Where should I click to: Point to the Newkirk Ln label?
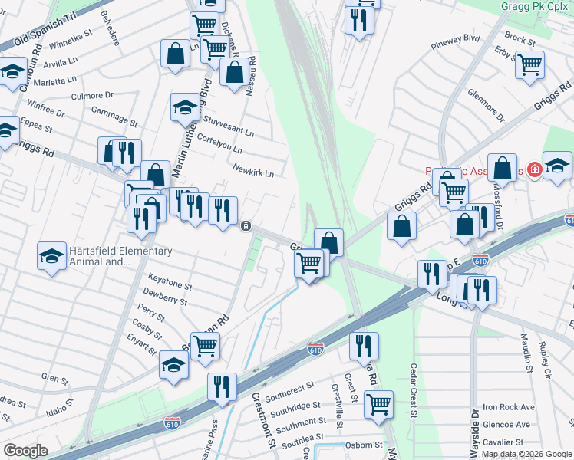pyautogui.click(x=252, y=173)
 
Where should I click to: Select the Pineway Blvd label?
pyautogui.click(x=476, y=38)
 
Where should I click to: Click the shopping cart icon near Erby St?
pyautogui.click(x=529, y=66)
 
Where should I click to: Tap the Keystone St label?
pyautogui.click(x=170, y=286)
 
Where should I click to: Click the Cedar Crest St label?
pyautogui.click(x=413, y=391)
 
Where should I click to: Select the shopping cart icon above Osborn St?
pyautogui.click(x=378, y=404)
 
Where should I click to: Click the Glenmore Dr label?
pyautogui.click(x=486, y=106)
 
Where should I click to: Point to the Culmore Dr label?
pyautogui.click(x=92, y=96)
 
